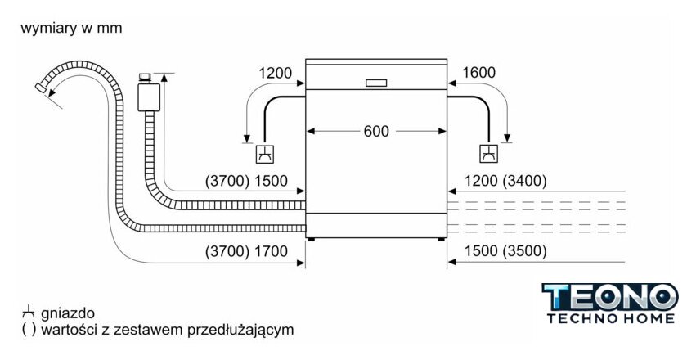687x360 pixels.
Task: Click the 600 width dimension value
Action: click(x=376, y=131)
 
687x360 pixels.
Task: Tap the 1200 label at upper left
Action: click(x=276, y=74)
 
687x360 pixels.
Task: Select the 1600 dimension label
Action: click(x=478, y=74)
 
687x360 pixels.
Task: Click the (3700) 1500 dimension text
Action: click(x=246, y=181)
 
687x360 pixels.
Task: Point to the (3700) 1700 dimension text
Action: click(x=246, y=251)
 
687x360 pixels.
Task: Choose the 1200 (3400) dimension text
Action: click(x=505, y=181)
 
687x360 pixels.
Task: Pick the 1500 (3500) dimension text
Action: click(x=505, y=251)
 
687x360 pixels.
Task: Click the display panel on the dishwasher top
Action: click(x=376, y=82)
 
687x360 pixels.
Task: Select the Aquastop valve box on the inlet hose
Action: click(x=148, y=93)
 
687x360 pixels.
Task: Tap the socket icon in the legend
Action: click(x=29, y=312)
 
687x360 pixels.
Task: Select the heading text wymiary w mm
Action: click(x=71, y=29)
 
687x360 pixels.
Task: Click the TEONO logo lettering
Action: click(x=610, y=296)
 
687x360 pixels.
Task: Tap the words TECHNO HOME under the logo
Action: click(x=610, y=318)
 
